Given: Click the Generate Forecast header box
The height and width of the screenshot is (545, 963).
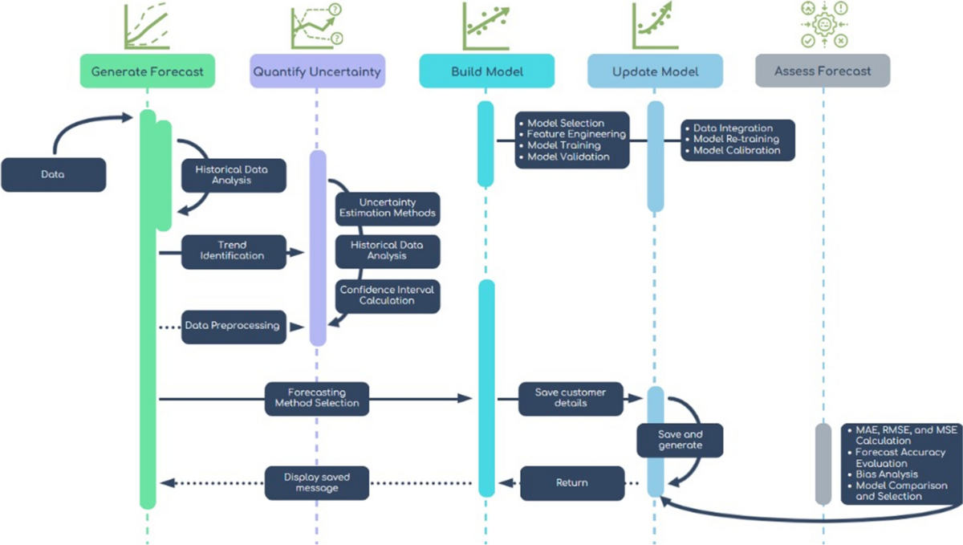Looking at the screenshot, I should click(147, 71).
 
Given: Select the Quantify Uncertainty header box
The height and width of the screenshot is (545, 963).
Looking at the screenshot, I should click(316, 71).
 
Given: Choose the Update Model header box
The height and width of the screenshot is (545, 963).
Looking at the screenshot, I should click(655, 71).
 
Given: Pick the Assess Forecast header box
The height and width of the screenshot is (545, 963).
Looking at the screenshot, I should click(823, 71).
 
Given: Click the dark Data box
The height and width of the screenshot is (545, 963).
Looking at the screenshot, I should click(54, 174).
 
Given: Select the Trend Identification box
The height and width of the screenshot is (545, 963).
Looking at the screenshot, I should click(233, 250).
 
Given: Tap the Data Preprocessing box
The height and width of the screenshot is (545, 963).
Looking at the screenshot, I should click(233, 326).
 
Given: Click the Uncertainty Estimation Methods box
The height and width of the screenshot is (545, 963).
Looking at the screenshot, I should click(388, 208).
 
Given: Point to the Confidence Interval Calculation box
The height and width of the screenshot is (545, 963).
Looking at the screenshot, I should click(388, 295).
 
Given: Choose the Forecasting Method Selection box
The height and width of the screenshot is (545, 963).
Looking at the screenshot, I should click(317, 397).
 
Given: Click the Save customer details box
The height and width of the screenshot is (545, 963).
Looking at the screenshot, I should click(571, 397).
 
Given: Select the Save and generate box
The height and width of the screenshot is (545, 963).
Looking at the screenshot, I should click(680, 440).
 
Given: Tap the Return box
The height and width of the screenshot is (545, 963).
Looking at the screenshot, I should click(571, 483).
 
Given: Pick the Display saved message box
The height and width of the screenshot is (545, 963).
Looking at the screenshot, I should click(317, 483).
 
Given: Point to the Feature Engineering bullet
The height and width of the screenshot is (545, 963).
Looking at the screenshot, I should click(575, 134).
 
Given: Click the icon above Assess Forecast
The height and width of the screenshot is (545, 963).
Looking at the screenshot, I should click(823, 24).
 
